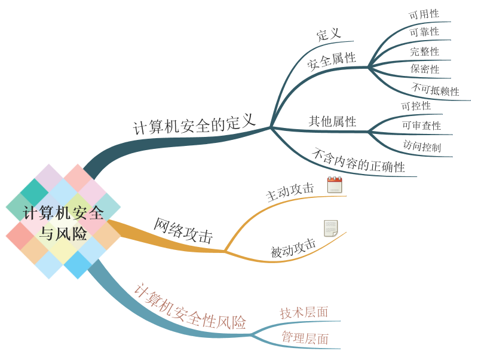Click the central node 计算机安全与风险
coord(63,222)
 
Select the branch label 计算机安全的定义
coord(194,124)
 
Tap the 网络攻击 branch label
coord(183,231)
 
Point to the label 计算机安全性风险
coord(189,307)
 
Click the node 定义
coord(329,34)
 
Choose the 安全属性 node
coord(332,60)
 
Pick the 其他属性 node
coord(332,121)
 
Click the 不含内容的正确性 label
coord(358,160)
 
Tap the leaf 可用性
coord(424,14)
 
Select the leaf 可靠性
coord(424,32)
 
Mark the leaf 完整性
coord(424,51)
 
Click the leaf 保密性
coord(425,69)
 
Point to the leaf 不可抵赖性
coord(435,90)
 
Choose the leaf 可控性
coord(416,106)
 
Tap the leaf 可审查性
coord(421,126)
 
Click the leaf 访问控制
coord(422,146)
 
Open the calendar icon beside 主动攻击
coord(335,185)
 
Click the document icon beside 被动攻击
coord(330,228)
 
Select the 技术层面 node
coord(304,312)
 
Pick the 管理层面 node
coord(305,338)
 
